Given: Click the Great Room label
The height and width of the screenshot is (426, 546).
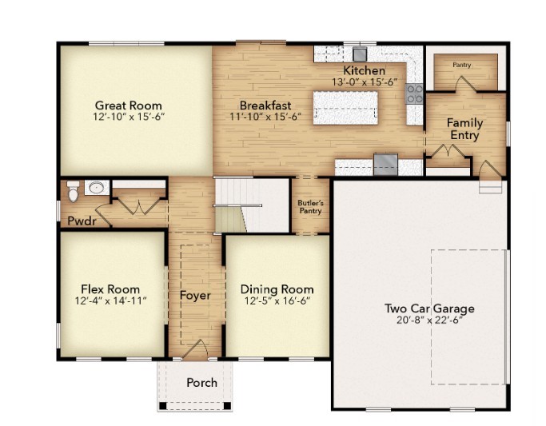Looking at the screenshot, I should [x=129, y=105].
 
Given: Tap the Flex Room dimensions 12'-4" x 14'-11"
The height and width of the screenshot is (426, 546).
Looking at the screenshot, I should [x=110, y=301].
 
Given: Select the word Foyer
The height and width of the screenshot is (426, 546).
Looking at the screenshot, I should [x=195, y=296].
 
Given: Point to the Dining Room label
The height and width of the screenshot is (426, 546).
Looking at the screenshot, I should [x=277, y=289].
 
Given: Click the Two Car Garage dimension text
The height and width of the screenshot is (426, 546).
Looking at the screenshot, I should [x=429, y=320].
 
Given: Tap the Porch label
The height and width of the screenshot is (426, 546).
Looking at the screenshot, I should [x=201, y=382].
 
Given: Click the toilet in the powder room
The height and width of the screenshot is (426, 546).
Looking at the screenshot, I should [x=74, y=193].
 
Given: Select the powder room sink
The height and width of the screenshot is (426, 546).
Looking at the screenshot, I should [x=96, y=189].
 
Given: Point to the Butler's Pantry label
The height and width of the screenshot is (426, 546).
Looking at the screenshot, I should [x=310, y=206].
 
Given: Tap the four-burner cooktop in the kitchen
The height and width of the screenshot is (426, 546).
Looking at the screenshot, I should [x=415, y=94].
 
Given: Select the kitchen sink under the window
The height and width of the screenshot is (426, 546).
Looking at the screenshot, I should [x=359, y=54].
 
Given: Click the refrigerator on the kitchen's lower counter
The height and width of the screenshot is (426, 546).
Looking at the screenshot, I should [x=385, y=164].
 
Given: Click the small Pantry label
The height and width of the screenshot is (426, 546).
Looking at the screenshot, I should [x=462, y=65].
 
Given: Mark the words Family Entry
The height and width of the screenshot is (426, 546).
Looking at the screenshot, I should [x=464, y=129].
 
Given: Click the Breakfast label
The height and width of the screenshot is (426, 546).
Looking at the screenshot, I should [x=265, y=105].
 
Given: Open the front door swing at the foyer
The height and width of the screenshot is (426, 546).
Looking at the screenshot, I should [x=196, y=348].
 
